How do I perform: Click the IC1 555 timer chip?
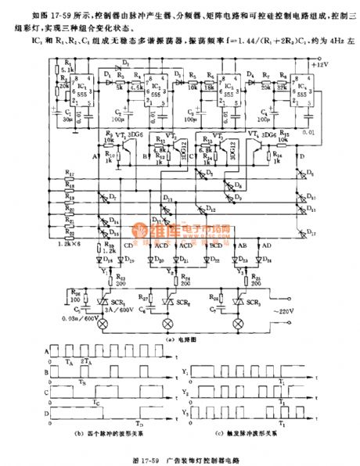(88, 92)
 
